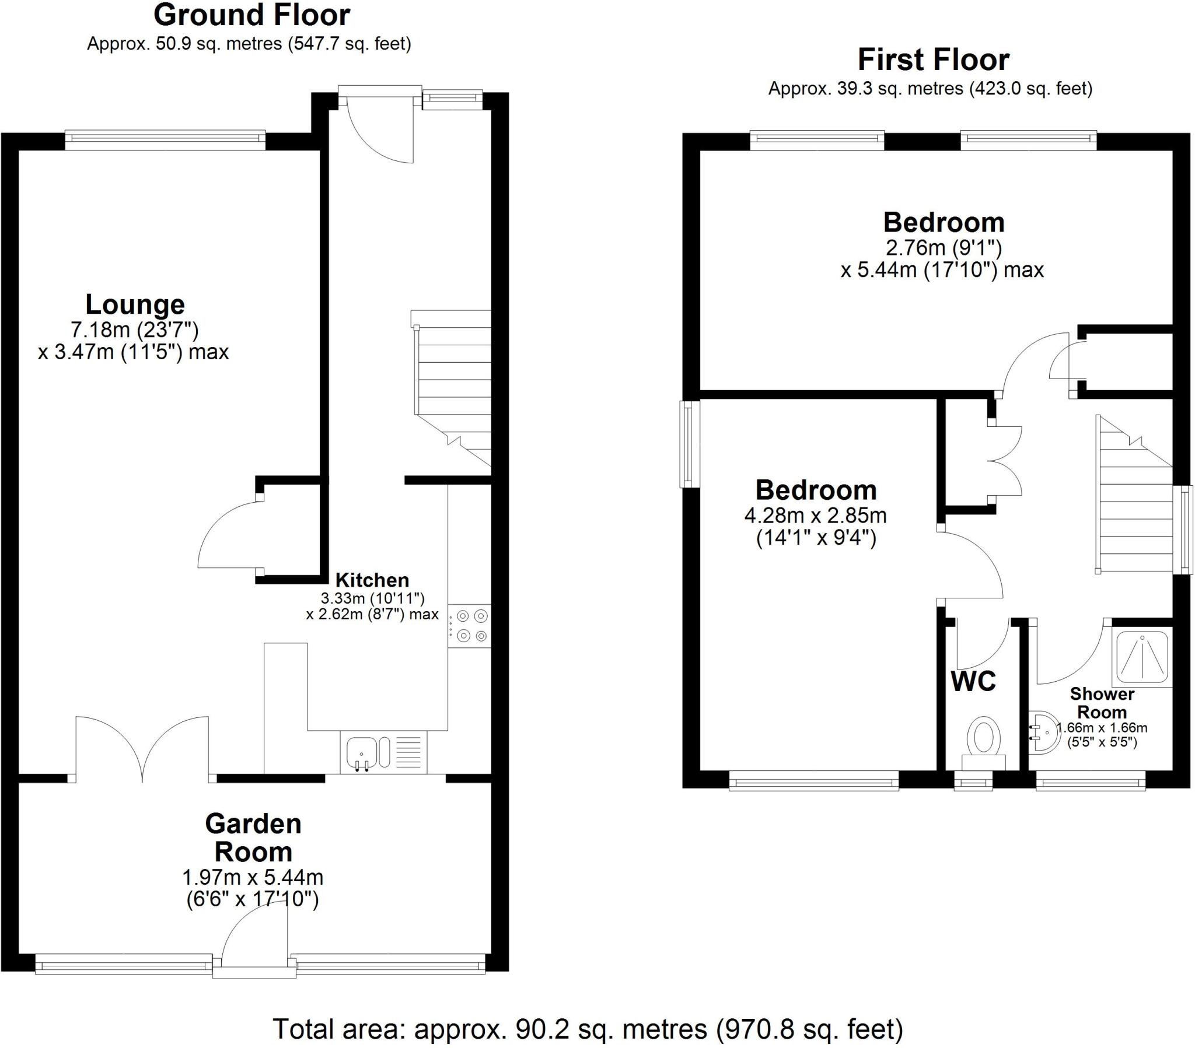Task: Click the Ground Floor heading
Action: [251, 15]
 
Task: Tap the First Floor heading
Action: [933, 59]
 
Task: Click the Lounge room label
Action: [135, 304]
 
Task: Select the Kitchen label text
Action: [372, 580]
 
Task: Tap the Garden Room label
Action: [253, 837]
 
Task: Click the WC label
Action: [973, 682]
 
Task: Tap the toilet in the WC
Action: [983, 739]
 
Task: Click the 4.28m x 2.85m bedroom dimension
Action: [816, 516]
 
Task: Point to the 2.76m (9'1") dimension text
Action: [944, 248]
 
